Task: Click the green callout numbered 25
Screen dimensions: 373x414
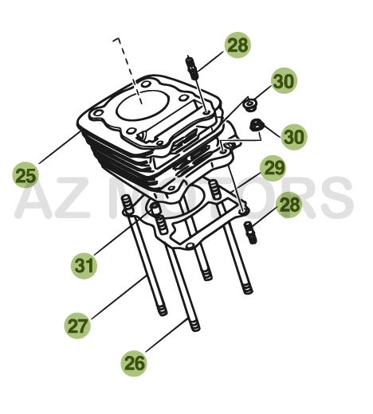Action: pos(26,175)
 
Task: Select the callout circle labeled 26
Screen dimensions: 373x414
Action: pos(134,363)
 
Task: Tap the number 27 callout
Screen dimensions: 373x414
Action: pos(77,326)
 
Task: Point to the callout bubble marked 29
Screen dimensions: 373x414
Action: pos(273,168)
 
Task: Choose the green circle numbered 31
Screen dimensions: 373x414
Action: pos(84,265)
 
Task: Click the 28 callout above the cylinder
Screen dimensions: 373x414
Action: pos(238,45)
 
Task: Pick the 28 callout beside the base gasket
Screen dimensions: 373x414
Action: pos(289,205)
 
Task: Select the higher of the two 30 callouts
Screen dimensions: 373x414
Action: pos(284,80)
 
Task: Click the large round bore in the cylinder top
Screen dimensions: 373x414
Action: pos(143,104)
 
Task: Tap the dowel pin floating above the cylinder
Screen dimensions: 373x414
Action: pos(191,68)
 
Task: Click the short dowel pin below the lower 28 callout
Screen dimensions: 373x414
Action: pos(250,232)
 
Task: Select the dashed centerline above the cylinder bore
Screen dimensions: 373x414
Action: pos(128,71)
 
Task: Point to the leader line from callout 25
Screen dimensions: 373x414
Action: pos(60,148)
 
